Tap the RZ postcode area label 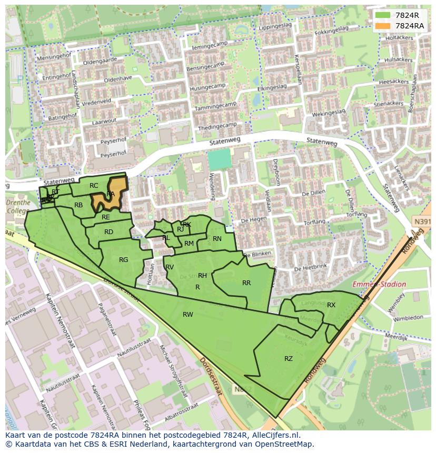(289, 359)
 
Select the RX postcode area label (331, 305)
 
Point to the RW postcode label (187, 315)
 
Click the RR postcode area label (246, 283)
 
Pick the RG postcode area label (124, 260)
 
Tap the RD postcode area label (108, 232)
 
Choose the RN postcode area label (217, 239)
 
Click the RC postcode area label (94, 186)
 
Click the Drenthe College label (18, 207)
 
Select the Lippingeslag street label (275, 25)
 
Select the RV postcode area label (170, 267)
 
